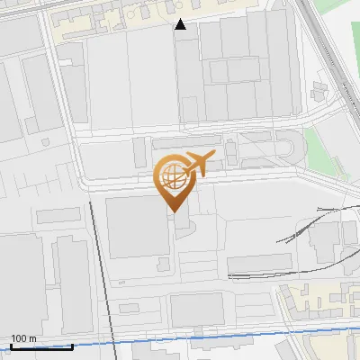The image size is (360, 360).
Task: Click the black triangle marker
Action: point(182,25)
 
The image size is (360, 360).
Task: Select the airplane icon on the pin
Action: point(198,164)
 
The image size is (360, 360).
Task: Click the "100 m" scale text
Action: point(23,338)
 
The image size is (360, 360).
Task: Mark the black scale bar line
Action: point(41,346)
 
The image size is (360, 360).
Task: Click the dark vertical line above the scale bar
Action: point(102,270)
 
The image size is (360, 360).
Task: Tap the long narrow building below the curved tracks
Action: point(260,264)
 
